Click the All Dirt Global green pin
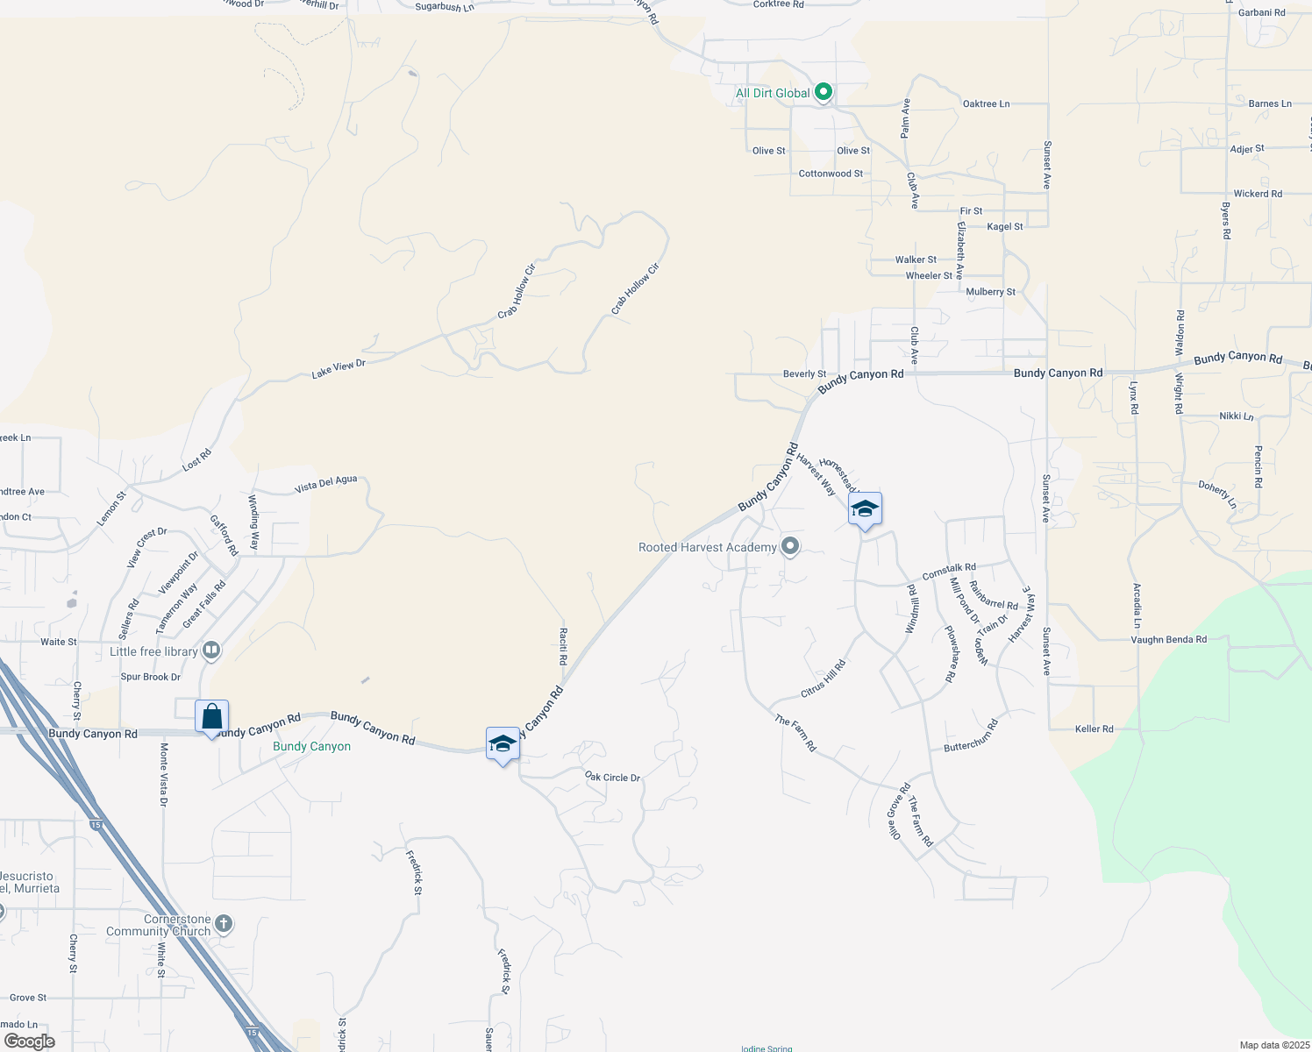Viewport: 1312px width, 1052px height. click(x=823, y=92)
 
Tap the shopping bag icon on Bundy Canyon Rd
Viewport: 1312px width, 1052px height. click(x=211, y=718)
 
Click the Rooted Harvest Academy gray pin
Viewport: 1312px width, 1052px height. click(x=790, y=547)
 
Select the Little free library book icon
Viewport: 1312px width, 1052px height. click(x=210, y=650)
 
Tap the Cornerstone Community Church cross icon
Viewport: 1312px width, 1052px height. click(x=224, y=923)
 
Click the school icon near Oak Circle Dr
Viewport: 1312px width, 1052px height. click(x=503, y=745)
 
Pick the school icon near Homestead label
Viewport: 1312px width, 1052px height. click(x=865, y=509)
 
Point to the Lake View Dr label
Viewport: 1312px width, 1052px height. click(x=339, y=369)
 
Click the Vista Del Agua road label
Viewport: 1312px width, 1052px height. click(x=326, y=484)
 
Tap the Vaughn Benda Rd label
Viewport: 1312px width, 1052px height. click(x=1168, y=640)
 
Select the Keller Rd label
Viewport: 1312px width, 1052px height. click(x=1094, y=729)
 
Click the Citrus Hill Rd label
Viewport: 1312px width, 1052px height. click(x=824, y=679)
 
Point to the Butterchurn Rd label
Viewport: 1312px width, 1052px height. click(x=971, y=736)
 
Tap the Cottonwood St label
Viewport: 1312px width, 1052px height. click(x=831, y=174)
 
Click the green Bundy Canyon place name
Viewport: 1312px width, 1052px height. click(x=311, y=747)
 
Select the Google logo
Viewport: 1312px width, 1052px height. click(x=30, y=1041)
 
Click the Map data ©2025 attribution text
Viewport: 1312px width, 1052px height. click(x=1274, y=1045)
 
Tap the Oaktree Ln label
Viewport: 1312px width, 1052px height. click(x=986, y=103)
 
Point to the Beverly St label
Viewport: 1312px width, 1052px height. click(x=804, y=373)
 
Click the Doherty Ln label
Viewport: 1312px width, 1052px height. click(x=1217, y=494)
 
